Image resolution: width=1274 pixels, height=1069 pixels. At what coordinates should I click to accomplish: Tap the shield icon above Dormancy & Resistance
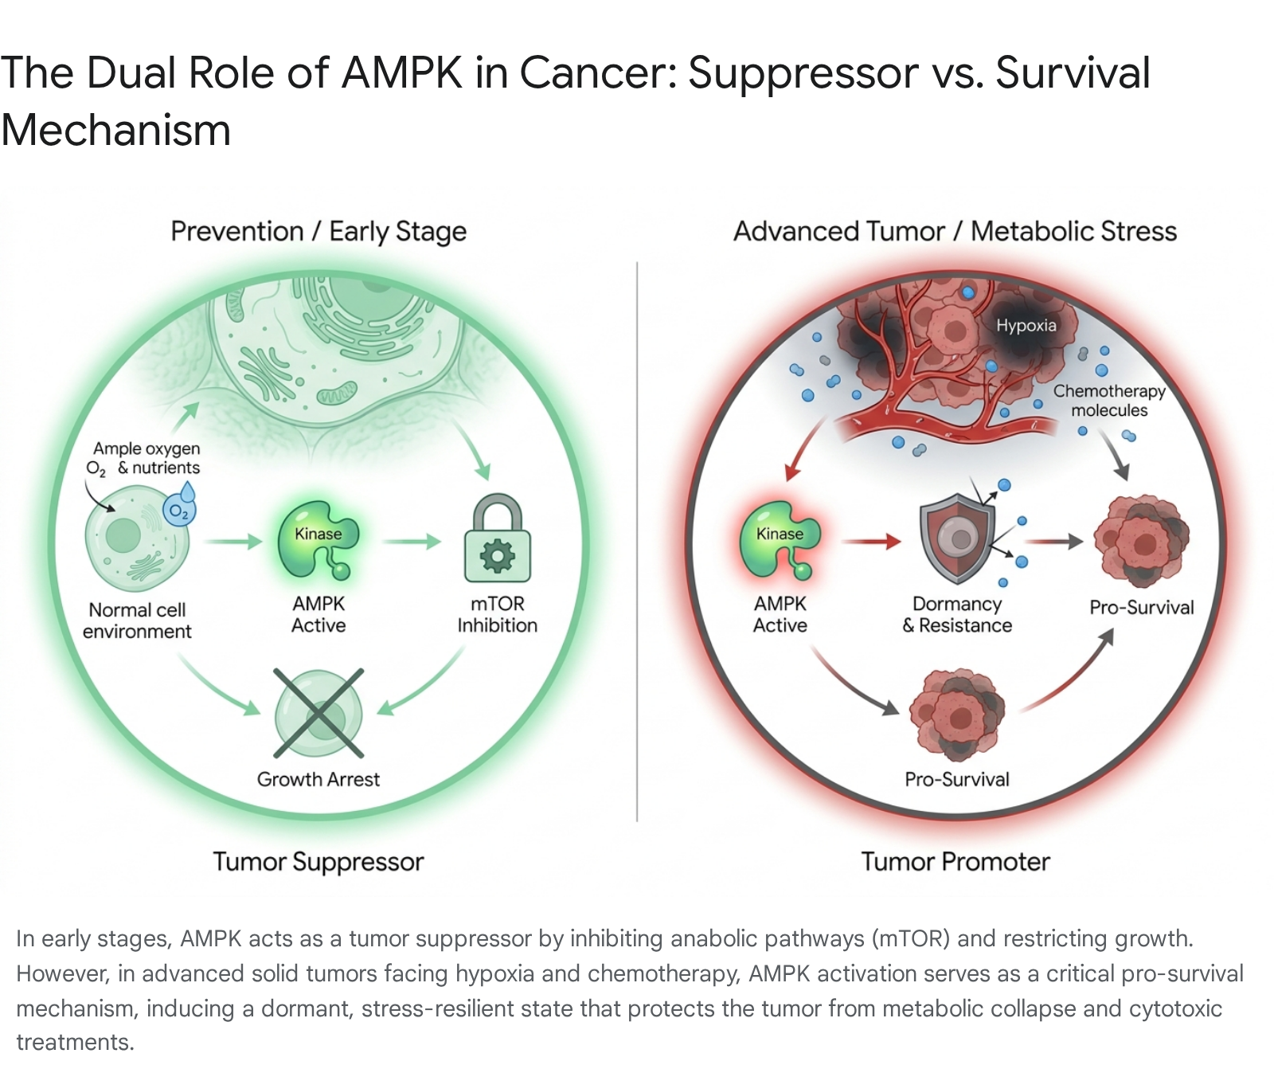coord(957,538)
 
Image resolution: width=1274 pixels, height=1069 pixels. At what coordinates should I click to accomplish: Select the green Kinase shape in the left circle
coord(318,540)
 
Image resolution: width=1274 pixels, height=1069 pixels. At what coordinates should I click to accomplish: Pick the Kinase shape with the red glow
coord(780,540)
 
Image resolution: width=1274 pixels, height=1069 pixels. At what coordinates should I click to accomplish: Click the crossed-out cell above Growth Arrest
coord(318,714)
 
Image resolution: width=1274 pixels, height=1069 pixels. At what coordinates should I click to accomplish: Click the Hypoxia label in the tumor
coord(1026,325)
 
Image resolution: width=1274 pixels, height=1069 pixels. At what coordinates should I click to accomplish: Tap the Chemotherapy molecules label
coord(1109,401)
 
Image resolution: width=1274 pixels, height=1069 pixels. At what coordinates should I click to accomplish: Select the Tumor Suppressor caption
coord(318,862)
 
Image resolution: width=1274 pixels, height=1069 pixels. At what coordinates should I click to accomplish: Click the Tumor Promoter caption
coord(955,862)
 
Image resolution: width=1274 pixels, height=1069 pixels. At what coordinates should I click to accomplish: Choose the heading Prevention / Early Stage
coord(318,232)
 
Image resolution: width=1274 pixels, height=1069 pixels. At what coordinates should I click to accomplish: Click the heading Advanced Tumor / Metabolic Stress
coord(955,231)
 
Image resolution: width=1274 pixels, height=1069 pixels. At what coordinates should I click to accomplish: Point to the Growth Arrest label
coord(318,779)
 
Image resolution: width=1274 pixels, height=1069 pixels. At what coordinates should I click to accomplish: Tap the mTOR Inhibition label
coord(497,614)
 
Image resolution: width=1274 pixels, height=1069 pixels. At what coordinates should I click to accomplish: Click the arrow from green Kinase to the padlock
coord(411,542)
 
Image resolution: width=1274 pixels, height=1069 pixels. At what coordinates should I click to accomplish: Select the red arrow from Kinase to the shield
coord(871,542)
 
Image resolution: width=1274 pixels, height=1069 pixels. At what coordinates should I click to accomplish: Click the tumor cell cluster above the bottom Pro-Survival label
coord(957,715)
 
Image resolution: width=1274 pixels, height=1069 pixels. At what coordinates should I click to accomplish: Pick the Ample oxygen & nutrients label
coord(146,459)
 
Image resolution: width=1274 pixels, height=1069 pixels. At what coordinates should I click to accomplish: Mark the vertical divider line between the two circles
coord(637,542)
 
